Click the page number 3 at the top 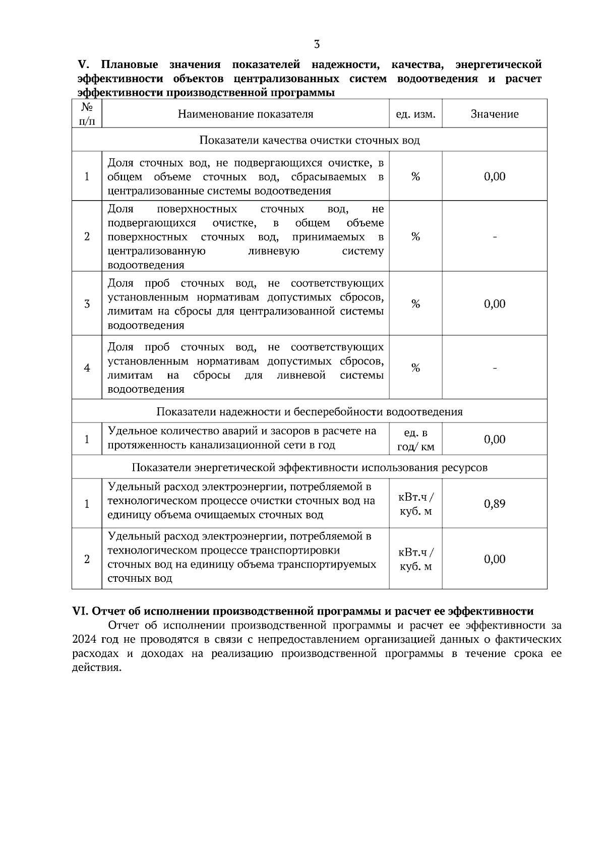click(x=317, y=44)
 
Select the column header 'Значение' click(x=494, y=114)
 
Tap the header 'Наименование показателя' click(x=246, y=114)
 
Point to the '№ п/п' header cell click(x=87, y=114)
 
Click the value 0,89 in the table click(x=494, y=504)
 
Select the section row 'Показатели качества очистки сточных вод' click(x=309, y=140)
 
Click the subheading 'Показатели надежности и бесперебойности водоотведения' click(x=309, y=411)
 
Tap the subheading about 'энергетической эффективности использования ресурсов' click(x=309, y=467)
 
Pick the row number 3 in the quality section click(x=87, y=303)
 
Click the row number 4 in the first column click(x=87, y=368)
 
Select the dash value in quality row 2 click(x=494, y=237)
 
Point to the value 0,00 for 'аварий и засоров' click(x=494, y=440)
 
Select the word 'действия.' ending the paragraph click(x=97, y=668)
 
